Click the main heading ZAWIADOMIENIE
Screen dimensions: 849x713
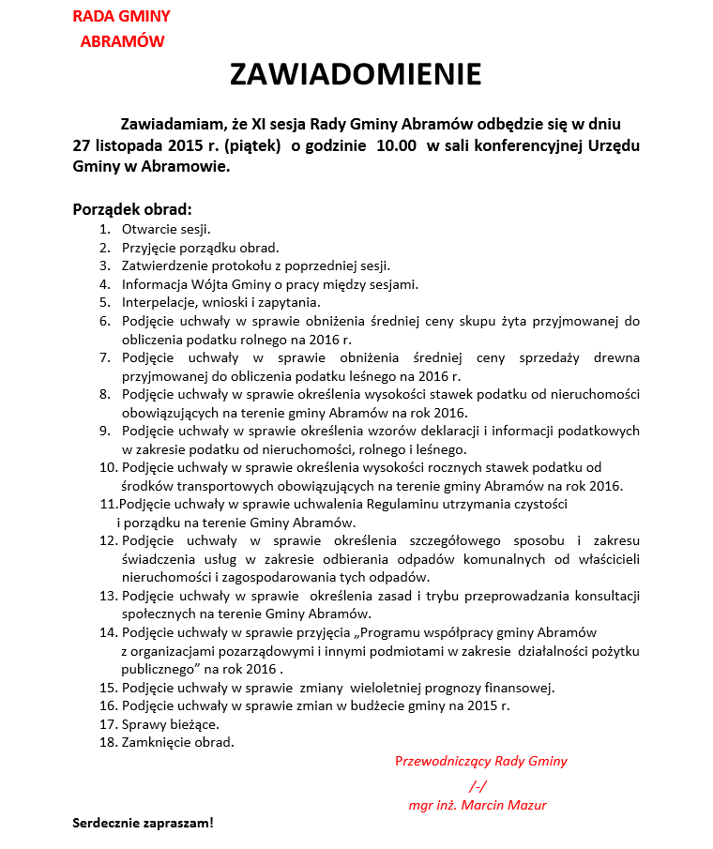[356, 75]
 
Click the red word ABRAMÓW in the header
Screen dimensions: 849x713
[122, 41]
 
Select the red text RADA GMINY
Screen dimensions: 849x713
[121, 17]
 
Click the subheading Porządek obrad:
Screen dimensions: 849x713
[132, 208]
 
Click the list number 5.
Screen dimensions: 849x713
[105, 302]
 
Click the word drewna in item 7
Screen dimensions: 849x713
[617, 357]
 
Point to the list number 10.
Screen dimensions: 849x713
[107, 467]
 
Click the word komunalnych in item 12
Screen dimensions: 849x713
[504, 559]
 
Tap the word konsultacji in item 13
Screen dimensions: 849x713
[607, 596]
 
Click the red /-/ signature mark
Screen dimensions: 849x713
[478, 786]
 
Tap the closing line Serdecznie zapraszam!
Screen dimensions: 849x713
[144, 823]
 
